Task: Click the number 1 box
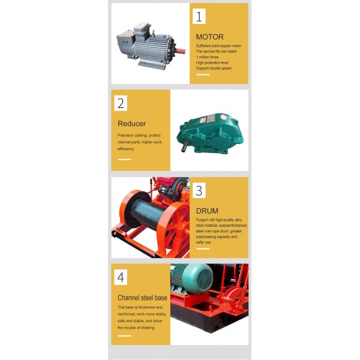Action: (x=199, y=16)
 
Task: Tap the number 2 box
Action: (x=121, y=103)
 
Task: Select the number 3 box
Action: (x=199, y=190)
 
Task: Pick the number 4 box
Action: (x=121, y=277)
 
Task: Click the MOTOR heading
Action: (x=209, y=37)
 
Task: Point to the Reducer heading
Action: (x=131, y=124)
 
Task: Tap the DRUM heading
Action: (x=207, y=211)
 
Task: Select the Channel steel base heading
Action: (x=142, y=298)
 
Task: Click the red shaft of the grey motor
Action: (x=181, y=50)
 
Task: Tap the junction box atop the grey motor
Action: (x=142, y=28)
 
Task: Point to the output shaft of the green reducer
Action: (x=184, y=146)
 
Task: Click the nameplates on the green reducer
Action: (x=208, y=119)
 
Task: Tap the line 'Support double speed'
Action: (x=214, y=68)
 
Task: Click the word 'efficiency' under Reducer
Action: (x=125, y=149)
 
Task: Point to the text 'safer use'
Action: (x=203, y=242)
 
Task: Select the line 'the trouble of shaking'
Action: (x=136, y=328)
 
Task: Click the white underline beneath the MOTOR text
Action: (x=203, y=74)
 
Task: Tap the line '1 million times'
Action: (x=208, y=57)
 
